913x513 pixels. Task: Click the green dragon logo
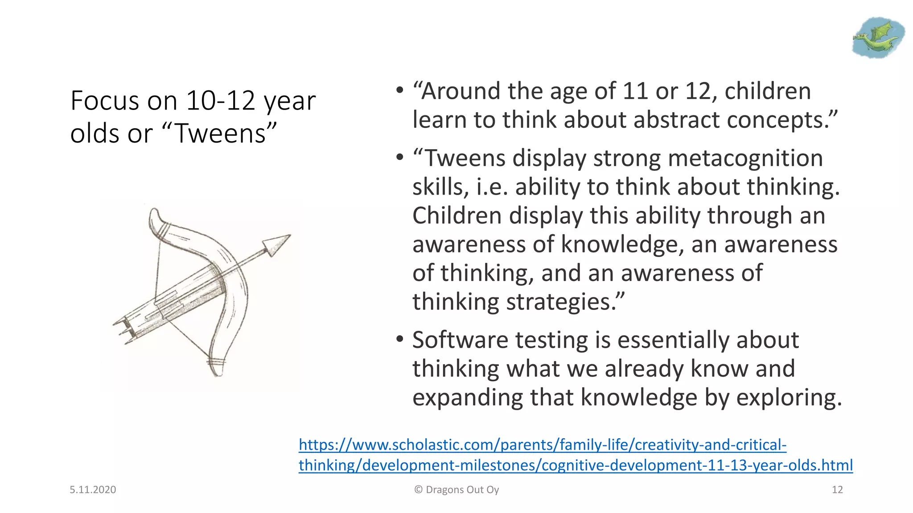pos(877,38)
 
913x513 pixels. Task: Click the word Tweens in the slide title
pos(221,133)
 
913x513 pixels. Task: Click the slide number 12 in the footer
pos(837,490)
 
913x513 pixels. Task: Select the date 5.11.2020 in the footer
pos(93,490)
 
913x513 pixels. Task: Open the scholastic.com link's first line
pos(542,445)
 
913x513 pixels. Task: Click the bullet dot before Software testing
pos(400,340)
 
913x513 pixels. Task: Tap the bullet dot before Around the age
pos(400,91)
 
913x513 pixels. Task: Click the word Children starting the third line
pos(456,216)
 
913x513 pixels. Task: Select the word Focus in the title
pos(105,101)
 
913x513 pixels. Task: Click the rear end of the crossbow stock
pos(119,329)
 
